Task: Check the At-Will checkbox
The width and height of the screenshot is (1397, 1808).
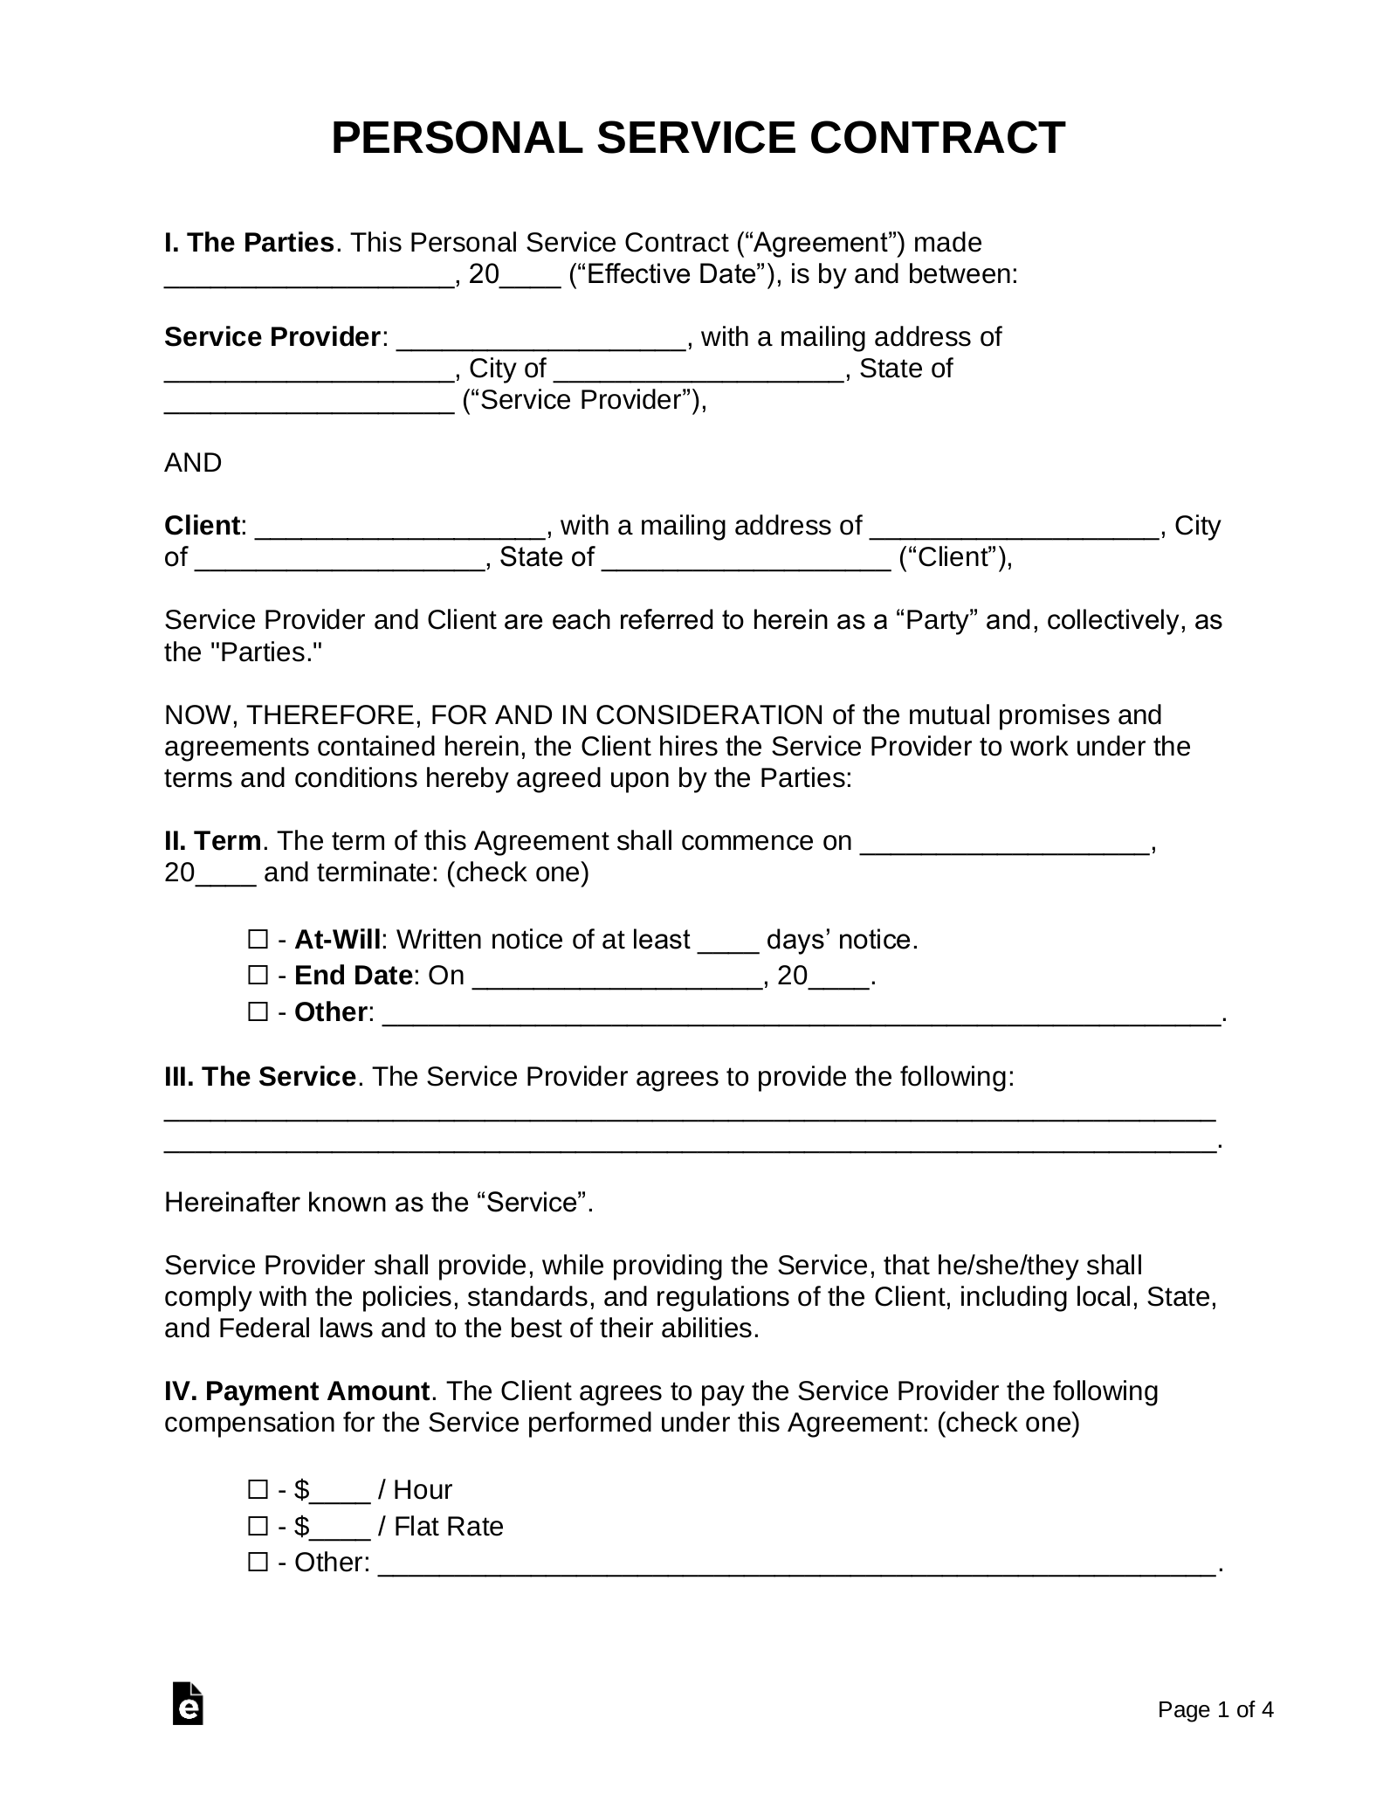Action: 258,940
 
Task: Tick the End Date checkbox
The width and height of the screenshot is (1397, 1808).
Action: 258,975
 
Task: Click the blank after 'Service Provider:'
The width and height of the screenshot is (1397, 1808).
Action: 541,339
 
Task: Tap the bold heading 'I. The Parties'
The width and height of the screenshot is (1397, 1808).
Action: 249,242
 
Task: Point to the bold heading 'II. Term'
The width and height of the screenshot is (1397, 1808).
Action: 212,840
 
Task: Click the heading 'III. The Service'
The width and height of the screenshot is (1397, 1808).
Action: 259,1076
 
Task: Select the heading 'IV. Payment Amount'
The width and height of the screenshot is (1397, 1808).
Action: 297,1391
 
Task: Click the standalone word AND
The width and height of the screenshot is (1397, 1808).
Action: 193,463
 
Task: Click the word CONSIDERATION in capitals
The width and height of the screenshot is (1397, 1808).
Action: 709,714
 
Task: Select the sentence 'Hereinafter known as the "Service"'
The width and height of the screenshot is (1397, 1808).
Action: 378,1202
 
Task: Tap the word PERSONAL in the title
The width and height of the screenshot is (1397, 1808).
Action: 456,138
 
